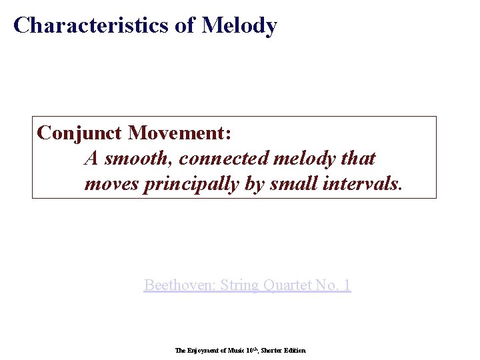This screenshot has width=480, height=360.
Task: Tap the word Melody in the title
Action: point(239,25)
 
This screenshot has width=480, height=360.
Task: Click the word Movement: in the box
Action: point(179,133)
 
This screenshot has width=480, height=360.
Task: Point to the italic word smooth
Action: point(139,159)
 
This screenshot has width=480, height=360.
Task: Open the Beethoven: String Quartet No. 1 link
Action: point(247,285)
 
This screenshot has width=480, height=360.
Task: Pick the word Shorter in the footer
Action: point(272,350)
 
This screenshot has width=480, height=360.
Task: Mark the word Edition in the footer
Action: point(295,350)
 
